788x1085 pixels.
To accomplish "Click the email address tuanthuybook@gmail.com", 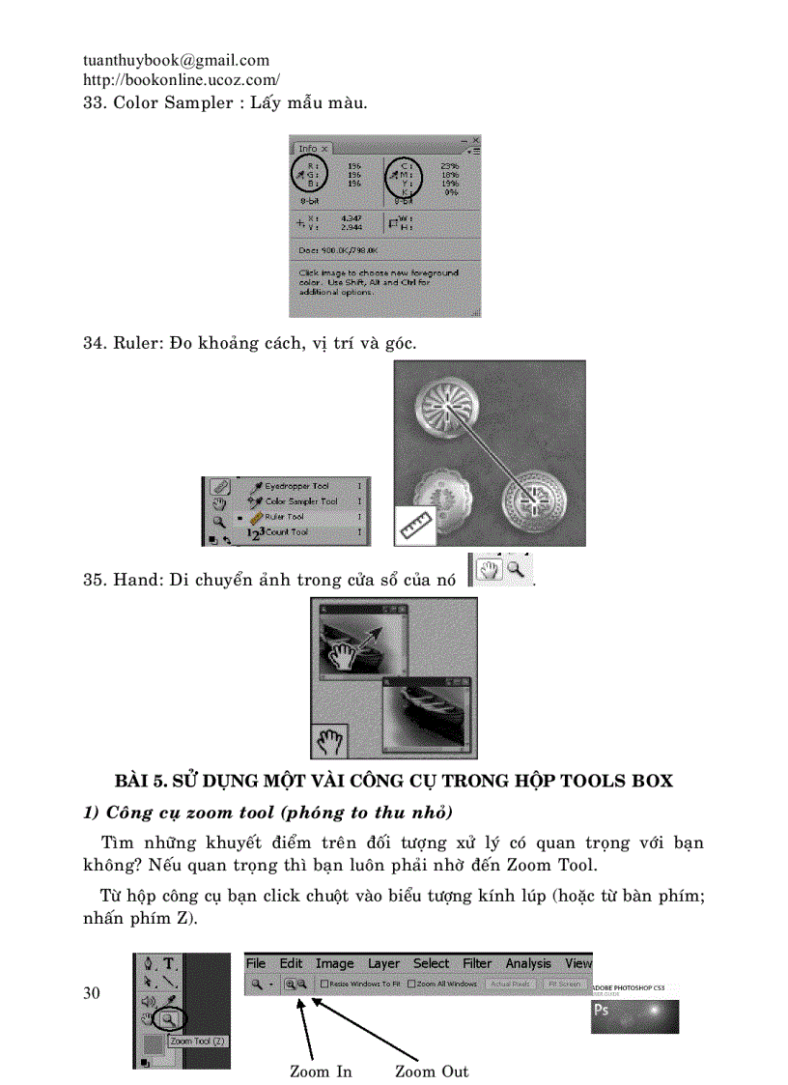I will click(177, 60).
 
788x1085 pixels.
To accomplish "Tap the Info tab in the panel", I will click(308, 148).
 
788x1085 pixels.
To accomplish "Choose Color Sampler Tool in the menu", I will click(300, 501).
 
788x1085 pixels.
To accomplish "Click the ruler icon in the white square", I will click(415, 526).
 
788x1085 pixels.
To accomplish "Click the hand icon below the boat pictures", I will click(329, 741).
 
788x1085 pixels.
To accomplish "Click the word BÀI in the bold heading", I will click(133, 780).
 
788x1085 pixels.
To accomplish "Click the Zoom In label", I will click(321, 1071).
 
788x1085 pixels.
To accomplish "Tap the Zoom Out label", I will click(432, 1071).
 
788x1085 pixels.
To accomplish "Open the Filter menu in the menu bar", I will click(477, 963).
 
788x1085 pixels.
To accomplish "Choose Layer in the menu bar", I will click(383, 963).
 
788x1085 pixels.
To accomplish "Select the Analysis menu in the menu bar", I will click(528, 963).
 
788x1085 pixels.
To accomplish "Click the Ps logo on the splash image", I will click(603, 1010).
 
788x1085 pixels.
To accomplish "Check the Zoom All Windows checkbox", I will click(411, 984).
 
